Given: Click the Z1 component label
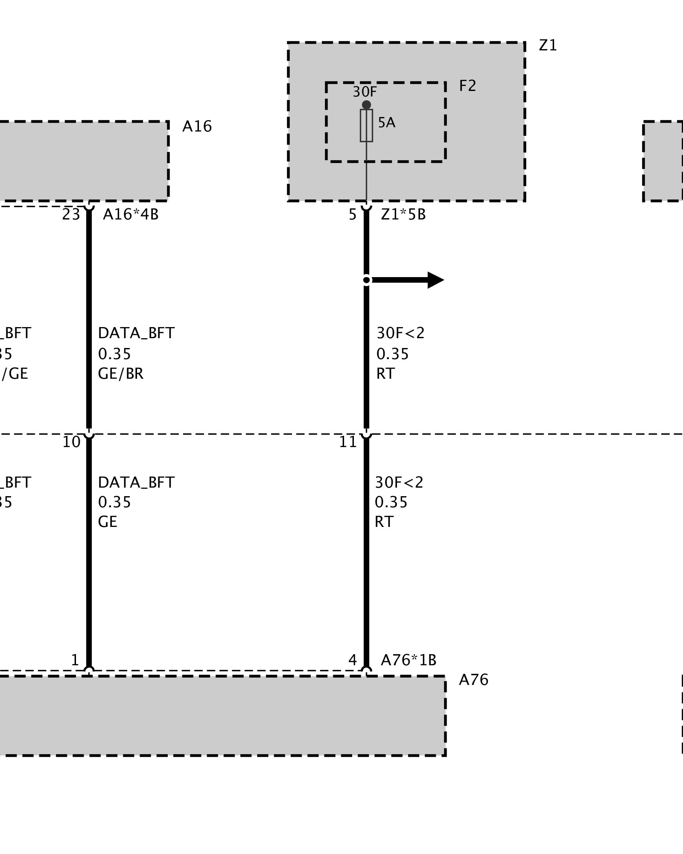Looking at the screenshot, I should [x=548, y=45].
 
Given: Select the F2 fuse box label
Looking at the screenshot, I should [x=467, y=86].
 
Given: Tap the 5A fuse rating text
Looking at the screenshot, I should [x=387, y=123].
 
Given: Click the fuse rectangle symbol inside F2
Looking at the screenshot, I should [x=366, y=125].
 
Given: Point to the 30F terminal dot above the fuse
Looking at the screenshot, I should [x=366, y=105].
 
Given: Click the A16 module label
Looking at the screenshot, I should [x=197, y=126].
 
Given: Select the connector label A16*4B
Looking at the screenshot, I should [x=131, y=214].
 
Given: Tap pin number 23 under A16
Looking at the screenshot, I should [x=71, y=214].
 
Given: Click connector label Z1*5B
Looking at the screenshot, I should [x=403, y=214].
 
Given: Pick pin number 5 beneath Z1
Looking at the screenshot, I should [x=352, y=214].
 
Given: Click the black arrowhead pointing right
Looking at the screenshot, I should [x=435, y=280].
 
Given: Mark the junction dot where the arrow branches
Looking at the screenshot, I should [x=366, y=280].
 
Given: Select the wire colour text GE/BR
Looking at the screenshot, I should [x=121, y=374].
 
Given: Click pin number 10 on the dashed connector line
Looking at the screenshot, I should [x=71, y=442].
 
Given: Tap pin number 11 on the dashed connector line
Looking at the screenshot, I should [x=347, y=442].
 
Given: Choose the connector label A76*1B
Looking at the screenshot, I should [x=409, y=660].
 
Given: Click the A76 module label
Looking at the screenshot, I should [x=473, y=680].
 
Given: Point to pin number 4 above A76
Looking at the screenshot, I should [x=352, y=660].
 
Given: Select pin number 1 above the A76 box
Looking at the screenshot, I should [x=75, y=660].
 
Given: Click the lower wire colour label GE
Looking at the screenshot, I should [x=108, y=522].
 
